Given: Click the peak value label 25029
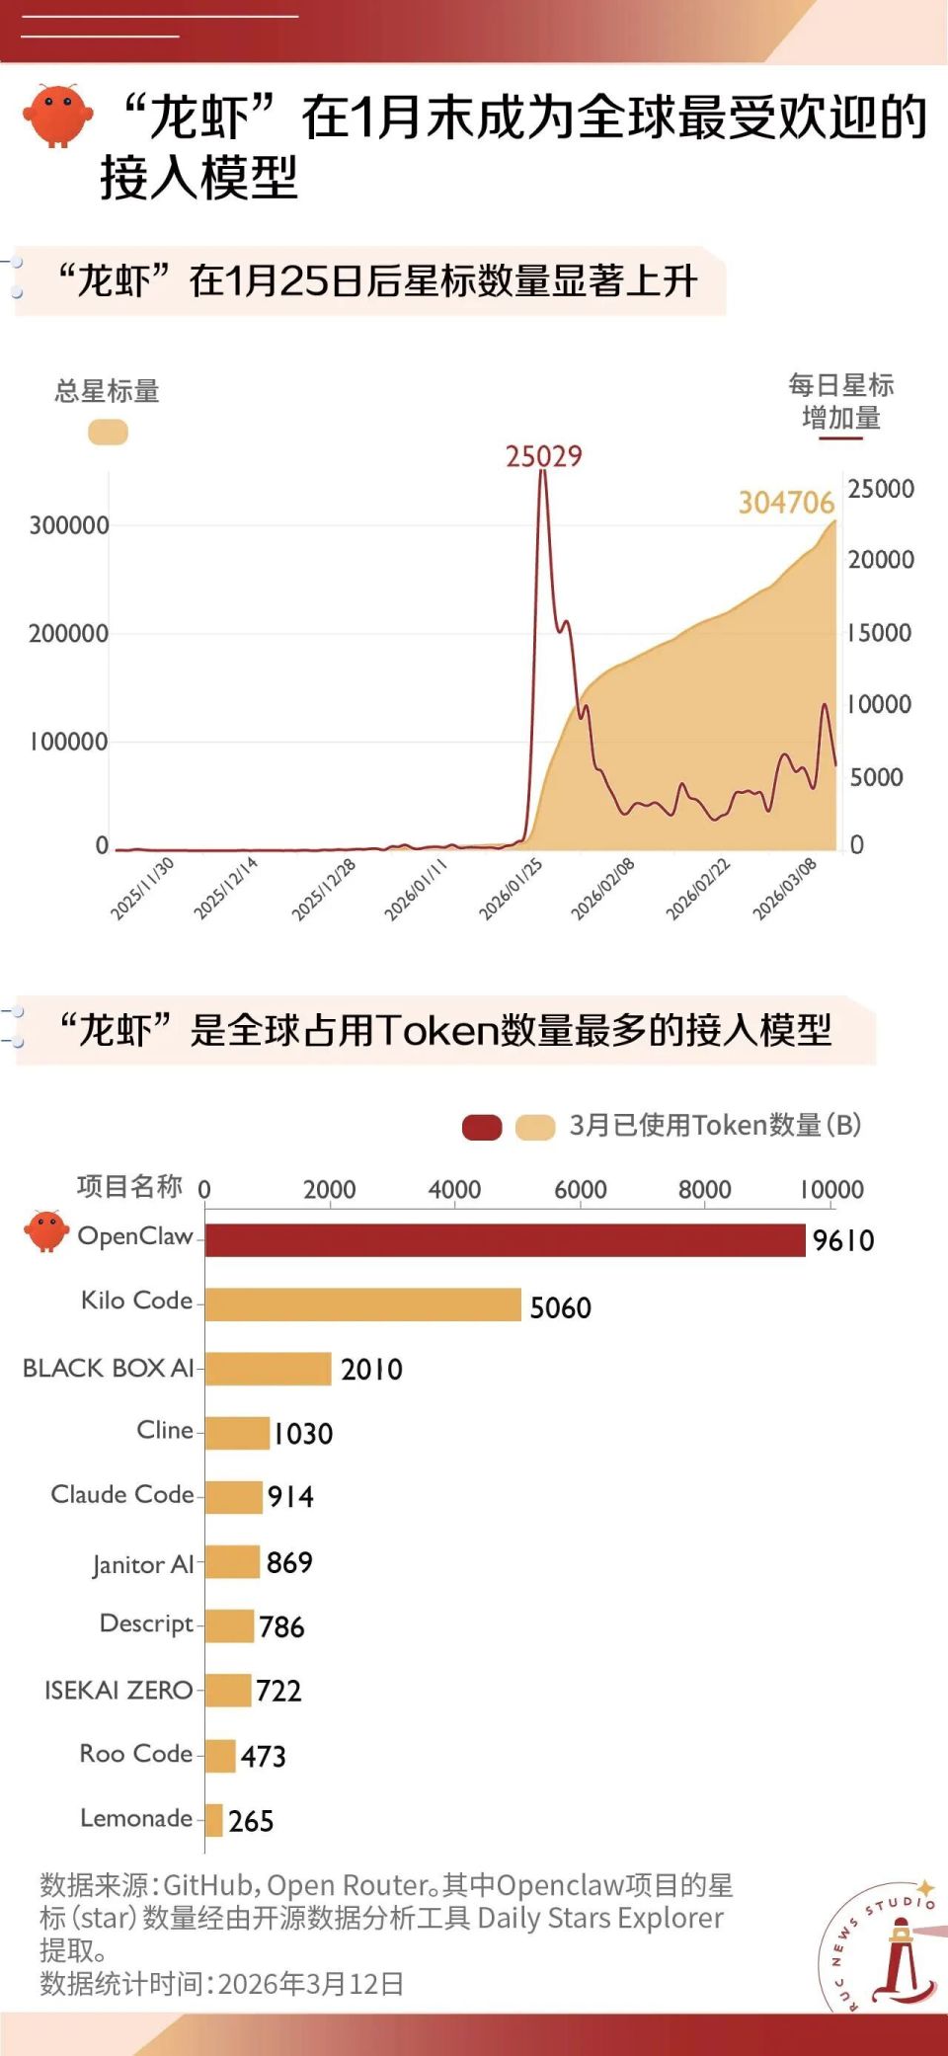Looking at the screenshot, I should point(544,456).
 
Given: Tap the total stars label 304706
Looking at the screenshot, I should point(786,503).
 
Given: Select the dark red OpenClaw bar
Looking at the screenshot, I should point(505,1240).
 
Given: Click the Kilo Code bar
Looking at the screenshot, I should point(362,1305).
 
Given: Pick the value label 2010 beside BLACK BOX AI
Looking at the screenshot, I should point(371,1369).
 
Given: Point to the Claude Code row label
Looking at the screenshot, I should point(122,1494).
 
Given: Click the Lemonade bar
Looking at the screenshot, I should point(214,1819).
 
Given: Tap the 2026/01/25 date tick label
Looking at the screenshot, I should point(511,889).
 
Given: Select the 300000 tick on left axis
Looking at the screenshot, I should point(69,525).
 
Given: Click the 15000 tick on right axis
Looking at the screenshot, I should point(879,632).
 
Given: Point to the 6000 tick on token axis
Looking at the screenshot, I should point(580,1190).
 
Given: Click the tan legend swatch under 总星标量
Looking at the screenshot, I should point(108,432).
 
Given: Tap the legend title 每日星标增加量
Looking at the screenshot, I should point(841,401).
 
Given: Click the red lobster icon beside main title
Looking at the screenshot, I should point(57,116).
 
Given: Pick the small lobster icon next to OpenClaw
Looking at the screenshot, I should point(46,1230).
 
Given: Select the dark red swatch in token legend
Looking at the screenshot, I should point(482,1127).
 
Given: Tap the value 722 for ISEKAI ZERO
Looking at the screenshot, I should point(278,1691).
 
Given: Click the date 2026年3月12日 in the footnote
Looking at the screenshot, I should point(310,1984).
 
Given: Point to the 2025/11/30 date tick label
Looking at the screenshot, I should point(142,889).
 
